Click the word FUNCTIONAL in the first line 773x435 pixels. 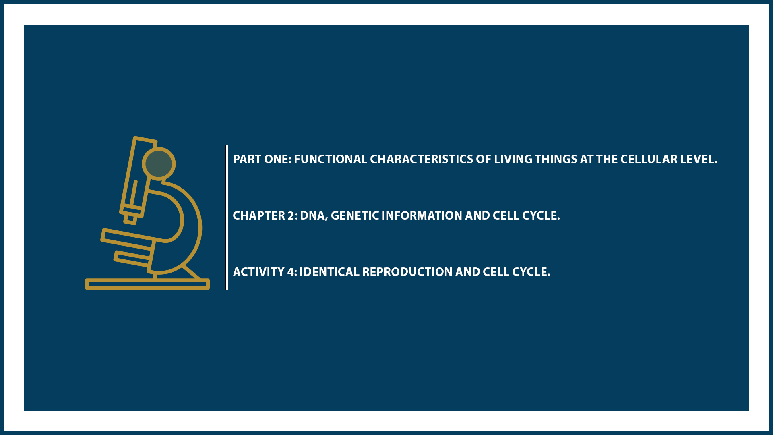point(330,159)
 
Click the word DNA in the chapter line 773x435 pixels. point(312,215)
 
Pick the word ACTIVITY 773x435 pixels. point(258,272)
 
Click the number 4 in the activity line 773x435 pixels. point(291,272)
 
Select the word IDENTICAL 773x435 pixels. point(329,272)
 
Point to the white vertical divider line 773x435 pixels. point(227,217)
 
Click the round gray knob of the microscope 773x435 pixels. point(159,164)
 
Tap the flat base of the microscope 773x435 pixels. point(147,284)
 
